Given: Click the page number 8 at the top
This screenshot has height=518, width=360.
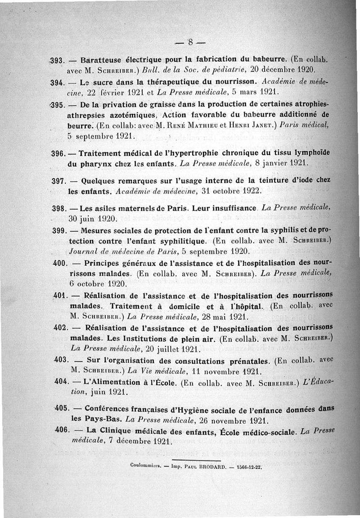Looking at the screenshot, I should pos(190,43).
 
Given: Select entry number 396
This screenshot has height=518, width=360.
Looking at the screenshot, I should pos(59,154).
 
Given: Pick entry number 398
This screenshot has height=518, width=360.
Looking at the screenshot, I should pos(59,209).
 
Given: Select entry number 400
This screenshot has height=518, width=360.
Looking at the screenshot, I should pos(60,262).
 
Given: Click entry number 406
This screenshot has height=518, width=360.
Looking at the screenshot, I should pos(61,430).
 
